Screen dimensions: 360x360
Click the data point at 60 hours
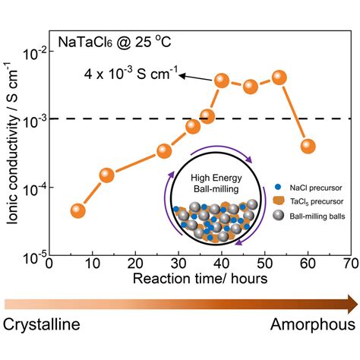coord(308,146)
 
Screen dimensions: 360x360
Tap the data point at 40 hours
coord(222,81)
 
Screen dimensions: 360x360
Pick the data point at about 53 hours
coord(279,77)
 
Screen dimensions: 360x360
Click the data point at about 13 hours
coord(106,175)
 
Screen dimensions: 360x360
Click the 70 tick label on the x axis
coord(350,264)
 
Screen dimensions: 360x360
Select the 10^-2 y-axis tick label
coord(34,52)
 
